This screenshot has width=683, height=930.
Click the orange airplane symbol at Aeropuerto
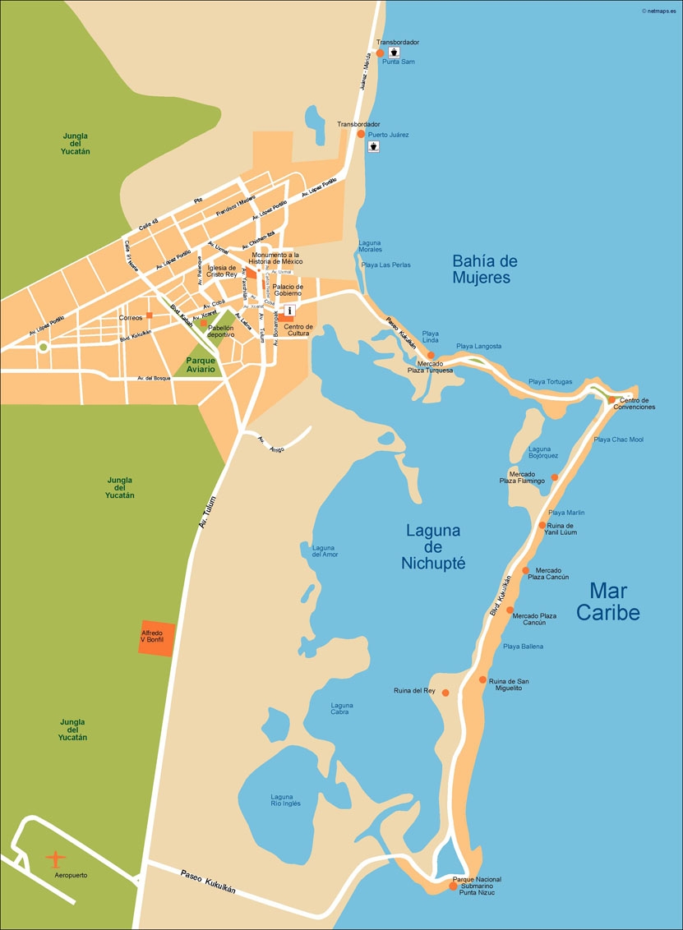tap(55, 859)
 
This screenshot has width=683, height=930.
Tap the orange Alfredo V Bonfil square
tap(156, 638)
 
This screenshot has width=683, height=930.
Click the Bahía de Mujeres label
tap(485, 269)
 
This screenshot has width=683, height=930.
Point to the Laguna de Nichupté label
tap(433, 546)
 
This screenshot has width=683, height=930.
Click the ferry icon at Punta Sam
tap(394, 52)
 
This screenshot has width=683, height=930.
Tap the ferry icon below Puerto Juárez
tap(373, 146)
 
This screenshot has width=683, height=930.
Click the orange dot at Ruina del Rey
tap(445, 693)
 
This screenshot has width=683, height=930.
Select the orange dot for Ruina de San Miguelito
tap(482, 679)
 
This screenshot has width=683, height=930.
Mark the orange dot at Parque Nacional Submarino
tap(452, 886)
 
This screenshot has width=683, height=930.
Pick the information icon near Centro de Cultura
tap(290, 311)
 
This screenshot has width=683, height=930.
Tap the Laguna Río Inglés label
tap(281, 800)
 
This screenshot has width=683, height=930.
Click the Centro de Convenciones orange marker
tap(611, 400)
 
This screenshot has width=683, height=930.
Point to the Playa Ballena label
tap(523, 647)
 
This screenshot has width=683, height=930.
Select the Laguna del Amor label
tap(325, 550)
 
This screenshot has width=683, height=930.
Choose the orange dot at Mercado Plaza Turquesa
tap(430, 355)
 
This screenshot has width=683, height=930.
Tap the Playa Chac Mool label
tap(618, 440)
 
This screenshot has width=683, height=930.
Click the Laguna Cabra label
tap(342, 708)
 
